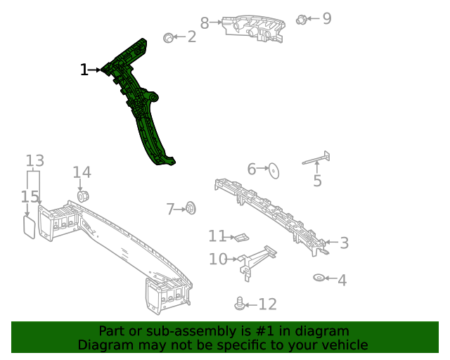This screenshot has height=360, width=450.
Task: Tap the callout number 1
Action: coord(84,70)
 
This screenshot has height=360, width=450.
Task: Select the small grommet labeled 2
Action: coord(169,37)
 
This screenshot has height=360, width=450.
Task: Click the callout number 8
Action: coord(205,23)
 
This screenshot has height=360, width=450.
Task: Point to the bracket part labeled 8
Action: coord(253,30)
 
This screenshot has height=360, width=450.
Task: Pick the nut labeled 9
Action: coord(302,19)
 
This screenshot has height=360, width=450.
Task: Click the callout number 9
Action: coord(326,18)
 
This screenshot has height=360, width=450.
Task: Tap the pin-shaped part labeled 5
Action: coord(316,160)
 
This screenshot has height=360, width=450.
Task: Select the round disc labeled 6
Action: coord(274,169)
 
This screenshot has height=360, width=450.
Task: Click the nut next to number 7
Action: coord(190,208)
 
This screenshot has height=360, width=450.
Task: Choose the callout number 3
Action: coord(344,243)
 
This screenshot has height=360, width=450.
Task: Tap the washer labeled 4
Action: coord(319,278)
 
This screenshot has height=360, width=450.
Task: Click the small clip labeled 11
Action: coord(241,237)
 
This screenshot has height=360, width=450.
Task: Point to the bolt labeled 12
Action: coord(240,304)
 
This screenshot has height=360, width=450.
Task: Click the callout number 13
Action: coord(34,160)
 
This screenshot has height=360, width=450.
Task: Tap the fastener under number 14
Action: coord(82,195)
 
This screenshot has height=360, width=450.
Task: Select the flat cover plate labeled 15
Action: coord(29,226)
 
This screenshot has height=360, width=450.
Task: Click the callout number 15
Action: coord(29,198)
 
